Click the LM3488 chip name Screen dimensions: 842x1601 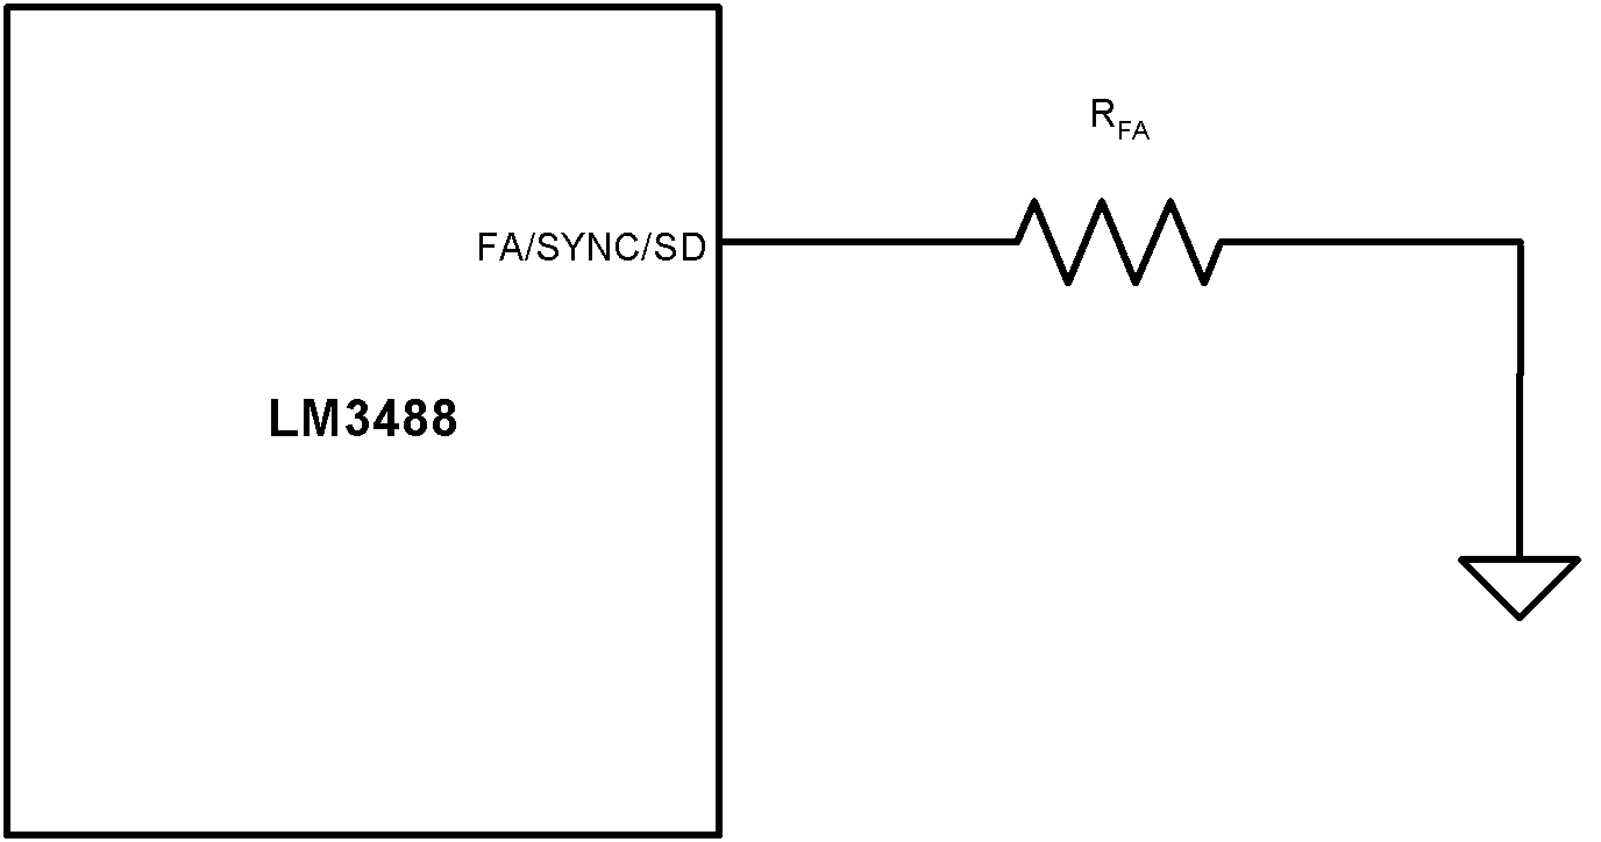363,420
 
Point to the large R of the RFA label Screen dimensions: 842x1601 1102,116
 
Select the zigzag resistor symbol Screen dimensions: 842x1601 1119,242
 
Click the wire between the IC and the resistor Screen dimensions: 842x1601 870,242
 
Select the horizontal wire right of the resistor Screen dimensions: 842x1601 1367,242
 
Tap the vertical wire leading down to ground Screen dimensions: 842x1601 1520,404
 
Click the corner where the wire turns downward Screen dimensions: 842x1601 1520,243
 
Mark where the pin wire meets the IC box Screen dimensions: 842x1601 720,242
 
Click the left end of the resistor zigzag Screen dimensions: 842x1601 1017,242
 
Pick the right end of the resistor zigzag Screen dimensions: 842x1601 1221,242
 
